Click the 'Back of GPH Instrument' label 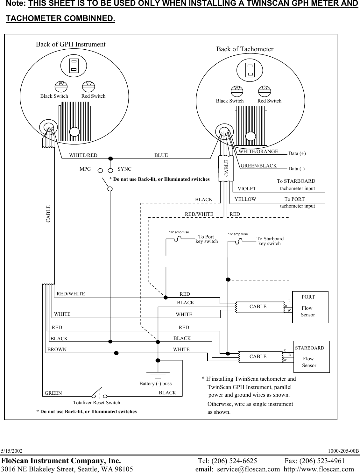tap(70, 44)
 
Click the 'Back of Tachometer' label tap(245, 49)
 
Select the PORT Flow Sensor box tap(310, 307)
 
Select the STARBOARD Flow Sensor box tap(311, 357)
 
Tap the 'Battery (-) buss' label tap(155, 384)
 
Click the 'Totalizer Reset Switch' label tap(96, 403)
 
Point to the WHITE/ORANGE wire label tap(258, 152)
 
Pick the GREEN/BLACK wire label tap(258, 166)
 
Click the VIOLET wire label tap(247, 189)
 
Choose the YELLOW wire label tap(245, 199)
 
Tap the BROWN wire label tap(57, 349)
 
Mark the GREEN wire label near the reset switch tap(53, 393)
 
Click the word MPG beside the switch tap(85, 169)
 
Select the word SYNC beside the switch tap(124, 169)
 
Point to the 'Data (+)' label tap(297, 153)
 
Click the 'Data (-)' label tap(296, 169)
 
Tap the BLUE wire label tap(161, 155)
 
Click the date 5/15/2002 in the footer tap(12, 451)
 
